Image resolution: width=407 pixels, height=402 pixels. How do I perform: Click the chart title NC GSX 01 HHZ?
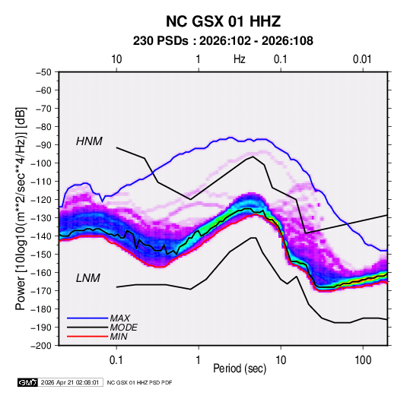(x=223, y=21)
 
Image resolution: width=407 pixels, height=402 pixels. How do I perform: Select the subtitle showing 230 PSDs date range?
(x=223, y=41)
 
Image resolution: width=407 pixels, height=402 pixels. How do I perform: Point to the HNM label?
(x=89, y=141)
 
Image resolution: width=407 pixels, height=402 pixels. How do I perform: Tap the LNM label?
(x=88, y=278)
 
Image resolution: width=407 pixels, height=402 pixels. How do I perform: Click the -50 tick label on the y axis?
(x=43, y=72)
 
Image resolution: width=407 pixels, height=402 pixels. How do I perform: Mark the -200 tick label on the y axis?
(x=41, y=346)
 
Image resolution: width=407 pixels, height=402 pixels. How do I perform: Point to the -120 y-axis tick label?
(x=41, y=200)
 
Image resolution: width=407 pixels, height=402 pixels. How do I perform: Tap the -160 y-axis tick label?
(x=41, y=273)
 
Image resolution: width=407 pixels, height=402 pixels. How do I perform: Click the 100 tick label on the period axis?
(x=363, y=360)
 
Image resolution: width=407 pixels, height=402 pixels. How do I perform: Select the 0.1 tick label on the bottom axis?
(x=116, y=360)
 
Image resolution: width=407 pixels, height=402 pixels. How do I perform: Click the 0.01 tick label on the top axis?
(x=362, y=59)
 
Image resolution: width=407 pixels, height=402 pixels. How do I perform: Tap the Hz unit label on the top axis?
(x=240, y=59)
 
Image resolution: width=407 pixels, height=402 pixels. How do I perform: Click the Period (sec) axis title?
(x=240, y=369)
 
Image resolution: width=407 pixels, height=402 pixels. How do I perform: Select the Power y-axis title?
(x=21, y=209)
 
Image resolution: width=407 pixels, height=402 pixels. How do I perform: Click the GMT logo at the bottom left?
(x=27, y=382)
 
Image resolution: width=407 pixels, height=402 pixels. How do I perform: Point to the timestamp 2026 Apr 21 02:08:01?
(x=70, y=382)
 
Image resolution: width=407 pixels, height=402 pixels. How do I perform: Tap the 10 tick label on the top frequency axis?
(x=116, y=59)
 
